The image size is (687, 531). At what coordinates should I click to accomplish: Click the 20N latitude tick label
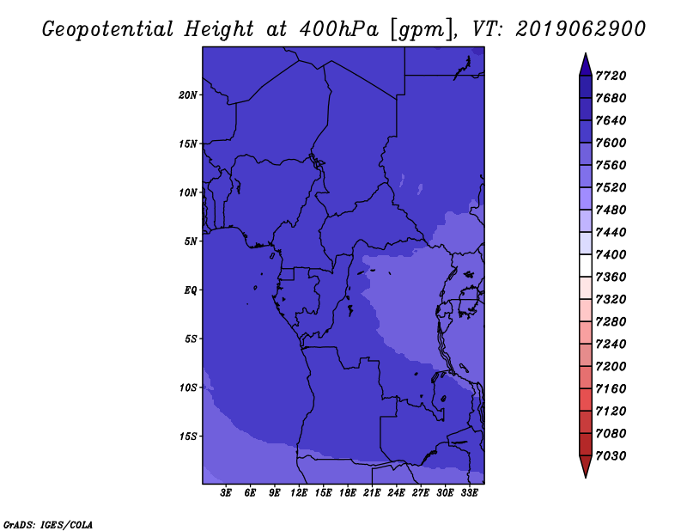tap(188, 95)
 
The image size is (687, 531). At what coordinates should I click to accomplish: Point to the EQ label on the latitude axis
tap(191, 290)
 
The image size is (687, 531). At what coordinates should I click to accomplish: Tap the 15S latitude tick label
tap(188, 436)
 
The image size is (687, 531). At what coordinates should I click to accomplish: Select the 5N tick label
tap(191, 241)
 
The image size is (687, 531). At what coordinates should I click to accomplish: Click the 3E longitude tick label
tap(226, 493)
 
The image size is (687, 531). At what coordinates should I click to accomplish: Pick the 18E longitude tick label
tap(348, 493)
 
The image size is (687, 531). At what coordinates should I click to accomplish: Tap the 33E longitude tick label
tap(469, 493)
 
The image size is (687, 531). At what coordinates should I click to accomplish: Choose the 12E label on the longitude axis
tap(299, 493)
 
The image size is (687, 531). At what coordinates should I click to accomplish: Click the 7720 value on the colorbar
tap(611, 76)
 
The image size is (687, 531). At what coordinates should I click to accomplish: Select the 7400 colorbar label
tap(611, 254)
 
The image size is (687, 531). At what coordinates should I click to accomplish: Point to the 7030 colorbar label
tap(611, 456)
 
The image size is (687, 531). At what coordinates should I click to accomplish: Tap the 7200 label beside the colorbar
tap(611, 367)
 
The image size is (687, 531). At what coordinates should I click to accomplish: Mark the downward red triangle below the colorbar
tap(586, 465)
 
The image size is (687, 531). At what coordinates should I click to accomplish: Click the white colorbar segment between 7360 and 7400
tap(586, 265)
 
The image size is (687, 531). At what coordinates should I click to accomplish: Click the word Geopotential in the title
tap(108, 29)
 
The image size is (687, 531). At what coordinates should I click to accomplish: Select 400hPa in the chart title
tap(338, 29)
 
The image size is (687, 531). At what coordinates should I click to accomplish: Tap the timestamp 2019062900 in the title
tap(581, 29)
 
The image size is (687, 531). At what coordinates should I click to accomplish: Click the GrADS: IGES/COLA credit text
tap(48, 525)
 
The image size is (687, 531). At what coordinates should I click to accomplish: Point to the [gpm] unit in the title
tap(422, 30)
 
